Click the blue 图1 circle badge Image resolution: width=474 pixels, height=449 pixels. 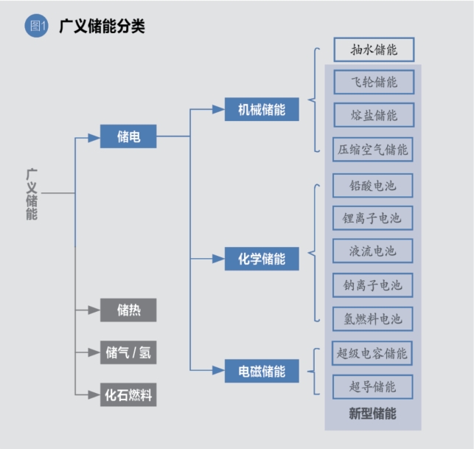coord(36,26)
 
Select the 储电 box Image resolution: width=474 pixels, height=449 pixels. coord(128,136)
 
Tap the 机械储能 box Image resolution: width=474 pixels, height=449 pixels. coord(262,109)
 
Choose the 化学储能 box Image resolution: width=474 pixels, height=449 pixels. coord(262,259)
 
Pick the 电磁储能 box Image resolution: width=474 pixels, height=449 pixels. coord(262,371)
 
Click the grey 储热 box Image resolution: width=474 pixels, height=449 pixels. coord(128,310)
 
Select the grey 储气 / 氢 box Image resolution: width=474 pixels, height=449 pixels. coord(128,352)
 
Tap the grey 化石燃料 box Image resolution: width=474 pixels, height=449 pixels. coord(128,394)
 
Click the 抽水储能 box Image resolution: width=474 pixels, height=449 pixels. coord(374,49)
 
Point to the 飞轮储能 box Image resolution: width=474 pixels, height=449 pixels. coord(374,82)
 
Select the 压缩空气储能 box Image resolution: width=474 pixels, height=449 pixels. coord(373,150)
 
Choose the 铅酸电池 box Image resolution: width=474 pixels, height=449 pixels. coord(373,186)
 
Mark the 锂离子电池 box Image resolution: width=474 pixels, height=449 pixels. coord(373,218)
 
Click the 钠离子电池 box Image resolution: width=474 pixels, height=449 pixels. coord(373,285)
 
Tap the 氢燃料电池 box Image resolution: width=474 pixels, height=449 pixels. coord(373,319)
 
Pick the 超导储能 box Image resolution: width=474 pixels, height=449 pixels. coord(373,387)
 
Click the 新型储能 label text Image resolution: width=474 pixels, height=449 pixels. coord(372,414)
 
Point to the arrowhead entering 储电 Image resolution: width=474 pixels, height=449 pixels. coord(94,138)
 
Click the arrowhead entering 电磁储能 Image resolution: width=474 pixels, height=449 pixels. coord(218,370)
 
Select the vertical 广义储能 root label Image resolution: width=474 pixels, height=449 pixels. coord(32,194)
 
